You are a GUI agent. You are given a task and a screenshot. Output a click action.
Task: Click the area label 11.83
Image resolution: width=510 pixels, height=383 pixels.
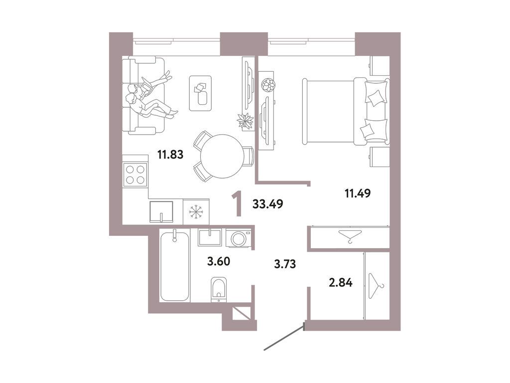[x=171, y=155]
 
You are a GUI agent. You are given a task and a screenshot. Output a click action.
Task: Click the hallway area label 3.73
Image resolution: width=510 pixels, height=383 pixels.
[x=286, y=264]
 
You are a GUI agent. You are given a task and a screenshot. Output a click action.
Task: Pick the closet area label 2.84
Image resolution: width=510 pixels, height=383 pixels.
[x=341, y=283]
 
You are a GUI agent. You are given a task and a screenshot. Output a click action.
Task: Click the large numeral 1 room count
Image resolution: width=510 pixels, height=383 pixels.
[x=239, y=205]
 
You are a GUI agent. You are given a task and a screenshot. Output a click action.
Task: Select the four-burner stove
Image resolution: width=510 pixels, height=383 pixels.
[x=135, y=175]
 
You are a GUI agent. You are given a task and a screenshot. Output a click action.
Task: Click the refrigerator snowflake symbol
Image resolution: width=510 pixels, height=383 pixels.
[x=196, y=212]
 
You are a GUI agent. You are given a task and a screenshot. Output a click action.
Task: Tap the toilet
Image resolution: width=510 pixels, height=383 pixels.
[x=218, y=290]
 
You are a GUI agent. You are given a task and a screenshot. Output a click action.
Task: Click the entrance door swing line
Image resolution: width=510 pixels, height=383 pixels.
[x=284, y=338]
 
